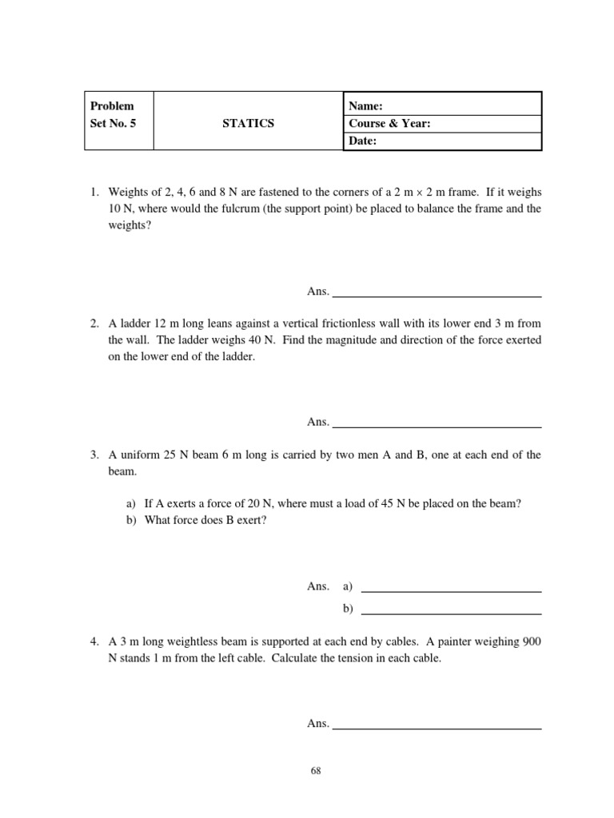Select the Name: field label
[x=366, y=105]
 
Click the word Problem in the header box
[x=112, y=105]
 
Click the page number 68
[x=315, y=771]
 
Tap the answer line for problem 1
[x=437, y=296]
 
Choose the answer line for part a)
[x=452, y=591]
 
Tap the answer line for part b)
[x=452, y=613]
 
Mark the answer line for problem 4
[x=437, y=729]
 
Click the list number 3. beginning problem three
[x=94, y=455]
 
